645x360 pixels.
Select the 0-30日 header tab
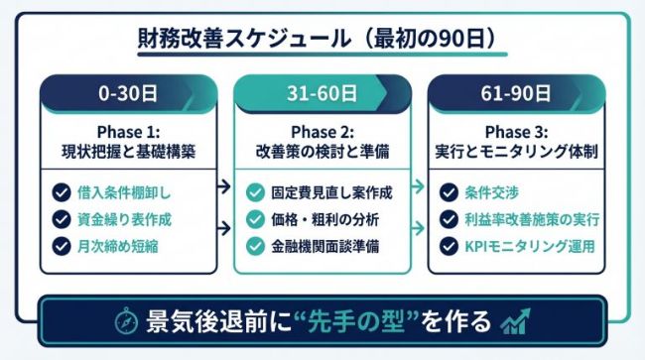point(127,95)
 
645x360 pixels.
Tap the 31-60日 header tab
point(322,95)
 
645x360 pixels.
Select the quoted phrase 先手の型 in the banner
point(363,321)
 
